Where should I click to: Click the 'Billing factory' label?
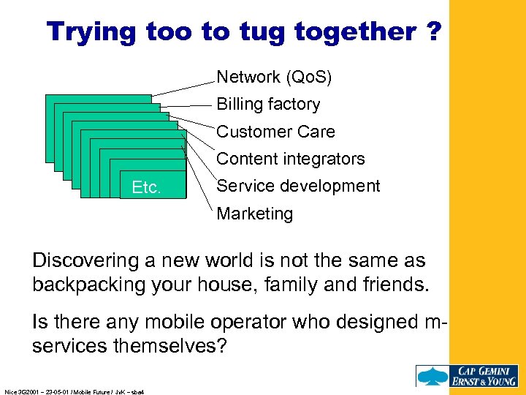point(268,105)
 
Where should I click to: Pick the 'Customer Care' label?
point(275,132)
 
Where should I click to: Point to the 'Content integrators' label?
point(291,159)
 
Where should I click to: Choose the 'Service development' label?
point(298,186)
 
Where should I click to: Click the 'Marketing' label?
point(254,214)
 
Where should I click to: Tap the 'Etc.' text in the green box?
point(146,188)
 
